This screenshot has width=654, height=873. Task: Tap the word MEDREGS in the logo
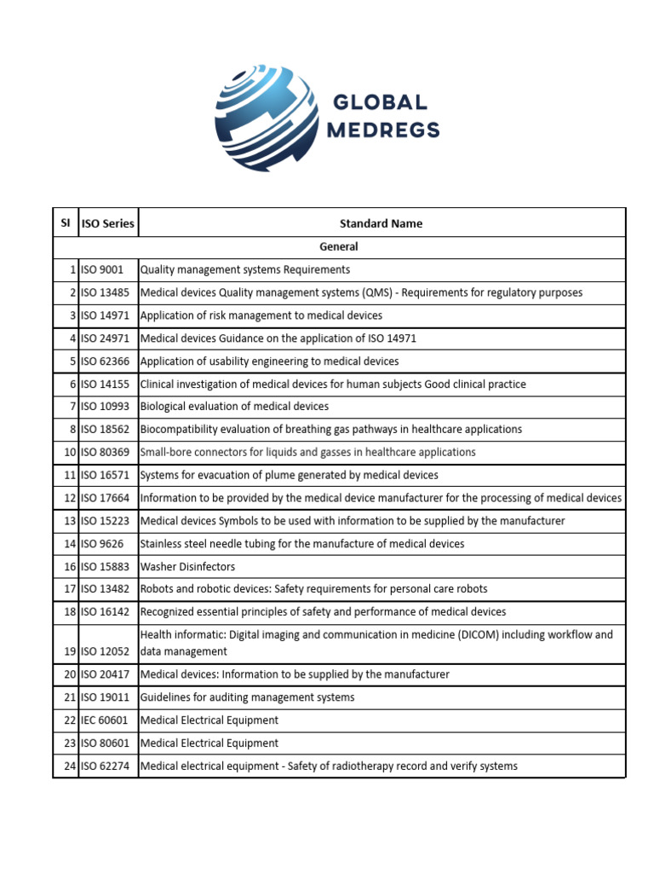pyautogui.click(x=384, y=130)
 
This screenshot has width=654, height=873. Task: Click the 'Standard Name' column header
pyautogui.click(x=381, y=223)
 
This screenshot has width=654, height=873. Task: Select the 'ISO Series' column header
pyautogui.click(x=108, y=223)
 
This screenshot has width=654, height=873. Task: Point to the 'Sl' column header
pyautogui.click(x=66, y=223)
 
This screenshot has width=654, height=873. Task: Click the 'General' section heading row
pyautogui.click(x=339, y=246)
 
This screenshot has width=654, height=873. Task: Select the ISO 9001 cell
pyautogui.click(x=103, y=269)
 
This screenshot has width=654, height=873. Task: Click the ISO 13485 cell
pyautogui.click(x=106, y=292)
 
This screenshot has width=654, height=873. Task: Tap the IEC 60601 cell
pyautogui.click(x=106, y=720)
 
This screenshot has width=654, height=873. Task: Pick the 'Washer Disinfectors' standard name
pyautogui.click(x=187, y=566)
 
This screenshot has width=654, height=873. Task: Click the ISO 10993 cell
pyautogui.click(x=106, y=407)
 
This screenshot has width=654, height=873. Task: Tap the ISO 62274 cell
pyautogui.click(x=106, y=766)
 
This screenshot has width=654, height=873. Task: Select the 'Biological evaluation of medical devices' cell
pyautogui.click(x=234, y=407)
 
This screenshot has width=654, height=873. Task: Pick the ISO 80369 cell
pyautogui.click(x=106, y=452)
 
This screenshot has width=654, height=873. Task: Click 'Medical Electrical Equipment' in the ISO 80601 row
pyautogui.click(x=209, y=743)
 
